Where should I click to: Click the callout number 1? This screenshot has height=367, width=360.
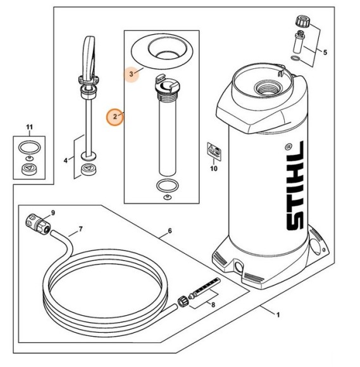(278, 315)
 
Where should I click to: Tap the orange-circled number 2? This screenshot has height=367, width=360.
(115, 116)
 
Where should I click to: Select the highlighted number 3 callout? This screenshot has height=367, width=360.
(132, 74)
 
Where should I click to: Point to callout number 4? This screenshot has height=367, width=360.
(66, 160)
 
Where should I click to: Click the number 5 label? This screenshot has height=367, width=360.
(325, 52)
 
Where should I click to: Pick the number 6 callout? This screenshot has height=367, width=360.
(170, 231)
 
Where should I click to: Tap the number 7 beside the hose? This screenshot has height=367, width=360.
(80, 229)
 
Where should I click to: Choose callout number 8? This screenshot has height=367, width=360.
(213, 305)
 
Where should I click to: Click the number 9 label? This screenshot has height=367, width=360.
(53, 213)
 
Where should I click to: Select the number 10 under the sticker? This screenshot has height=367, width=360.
(214, 168)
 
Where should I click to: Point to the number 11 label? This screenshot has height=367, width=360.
(29, 127)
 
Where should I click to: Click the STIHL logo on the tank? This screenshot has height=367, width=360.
(295, 185)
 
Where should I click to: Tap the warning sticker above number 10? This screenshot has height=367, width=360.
(214, 151)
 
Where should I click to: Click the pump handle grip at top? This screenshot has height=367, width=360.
(89, 59)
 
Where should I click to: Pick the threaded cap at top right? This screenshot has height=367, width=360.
(303, 21)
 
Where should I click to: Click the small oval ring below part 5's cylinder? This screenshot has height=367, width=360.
(296, 58)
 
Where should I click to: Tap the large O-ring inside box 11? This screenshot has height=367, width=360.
(30, 147)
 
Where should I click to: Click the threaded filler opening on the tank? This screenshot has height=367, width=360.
(266, 87)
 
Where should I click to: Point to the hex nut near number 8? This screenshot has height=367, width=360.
(183, 301)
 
